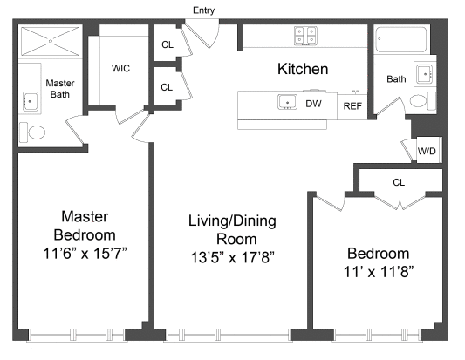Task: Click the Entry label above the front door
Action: point(203,10)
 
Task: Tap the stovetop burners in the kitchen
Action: point(305,36)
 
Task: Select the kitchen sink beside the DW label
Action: point(287,102)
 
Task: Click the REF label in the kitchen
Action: point(352,105)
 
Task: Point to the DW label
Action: point(313,104)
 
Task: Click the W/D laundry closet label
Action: point(427,151)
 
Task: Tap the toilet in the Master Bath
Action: point(32,132)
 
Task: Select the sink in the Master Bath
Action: point(31,101)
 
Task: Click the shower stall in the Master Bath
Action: point(51,41)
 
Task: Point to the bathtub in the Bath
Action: point(401,40)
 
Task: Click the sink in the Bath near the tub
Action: point(425,74)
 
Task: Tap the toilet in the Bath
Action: point(422,101)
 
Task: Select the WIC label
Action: point(120,69)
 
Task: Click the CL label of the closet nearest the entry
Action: point(168,44)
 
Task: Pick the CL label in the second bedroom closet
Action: point(399,182)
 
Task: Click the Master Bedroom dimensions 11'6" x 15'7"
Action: point(85,254)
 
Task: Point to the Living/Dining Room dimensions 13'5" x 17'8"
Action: point(232,257)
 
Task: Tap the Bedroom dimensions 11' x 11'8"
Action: point(379,272)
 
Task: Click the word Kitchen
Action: point(303,69)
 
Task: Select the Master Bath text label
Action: point(60,89)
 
